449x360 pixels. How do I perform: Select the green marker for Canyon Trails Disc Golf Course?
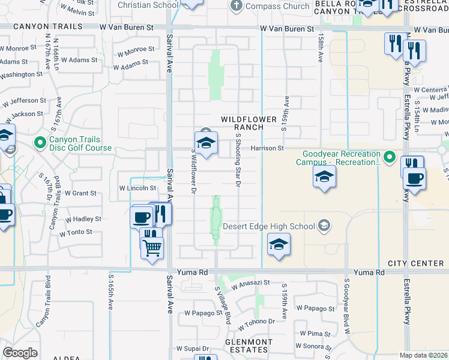[40, 143]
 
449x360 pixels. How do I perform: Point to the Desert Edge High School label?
[269, 226]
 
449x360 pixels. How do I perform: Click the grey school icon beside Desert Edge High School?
[324, 226]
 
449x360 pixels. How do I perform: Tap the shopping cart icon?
[152, 246]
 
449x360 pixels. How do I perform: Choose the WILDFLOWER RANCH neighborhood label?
[242, 123]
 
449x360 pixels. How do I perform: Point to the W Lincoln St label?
[137, 188]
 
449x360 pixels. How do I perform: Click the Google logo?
[20, 352]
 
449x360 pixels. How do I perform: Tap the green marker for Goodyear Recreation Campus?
[389, 158]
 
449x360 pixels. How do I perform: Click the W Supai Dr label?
[192, 349]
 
